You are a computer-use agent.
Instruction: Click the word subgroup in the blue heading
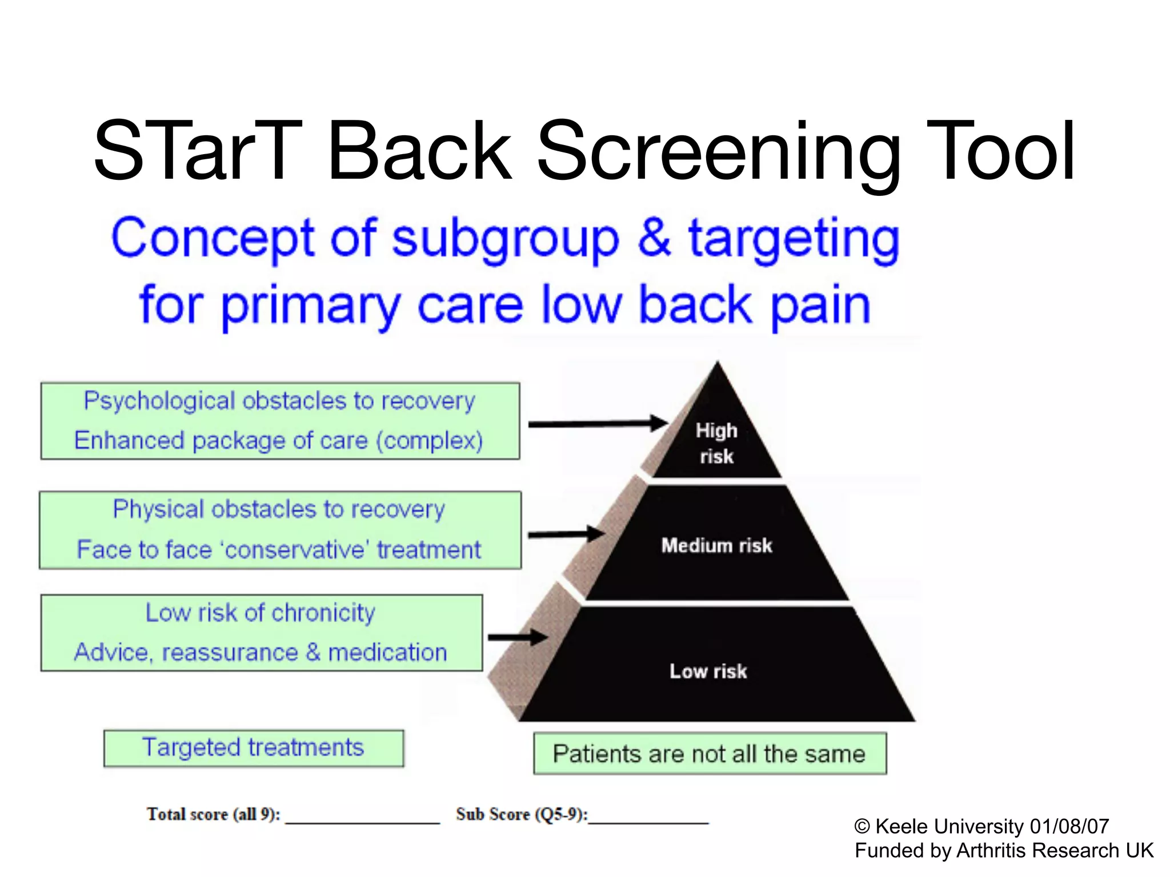[x=505, y=239]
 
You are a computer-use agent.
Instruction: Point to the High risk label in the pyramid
[x=716, y=443]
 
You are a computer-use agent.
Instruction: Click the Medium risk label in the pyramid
[x=716, y=545]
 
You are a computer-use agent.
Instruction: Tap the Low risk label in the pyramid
[x=708, y=671]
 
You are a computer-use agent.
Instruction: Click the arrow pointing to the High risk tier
[x=597, y=424]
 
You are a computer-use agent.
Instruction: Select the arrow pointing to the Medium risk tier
[x=566, y=534]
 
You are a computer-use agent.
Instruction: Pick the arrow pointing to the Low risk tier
[x=518, y=638]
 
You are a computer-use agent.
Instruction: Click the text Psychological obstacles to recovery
[x=279, y=401]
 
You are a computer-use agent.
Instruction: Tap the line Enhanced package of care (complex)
[x=279, y=441]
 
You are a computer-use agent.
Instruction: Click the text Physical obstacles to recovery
[x=279, y=509]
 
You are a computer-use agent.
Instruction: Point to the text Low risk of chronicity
[x=261, y=613]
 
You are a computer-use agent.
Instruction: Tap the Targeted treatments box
[x=253, y=748]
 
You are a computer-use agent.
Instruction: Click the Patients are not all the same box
[x=710, y=754]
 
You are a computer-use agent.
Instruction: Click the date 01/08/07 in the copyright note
[x=1069, y=826]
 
